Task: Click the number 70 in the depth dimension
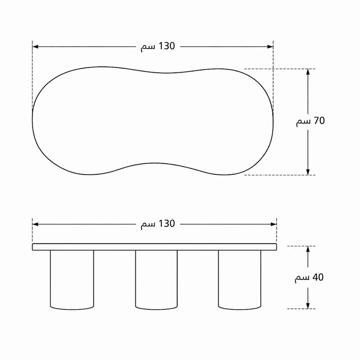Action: [x=319, y=121]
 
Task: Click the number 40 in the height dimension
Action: [x=318, y=277]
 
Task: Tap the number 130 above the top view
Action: [x=167, y=46]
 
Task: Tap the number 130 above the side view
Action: [x=167, y=223]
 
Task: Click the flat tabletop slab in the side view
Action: [x=154, y=247]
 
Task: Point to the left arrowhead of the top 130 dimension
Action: [x=35, y=47]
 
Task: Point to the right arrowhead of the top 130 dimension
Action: [x=270, y=47]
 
